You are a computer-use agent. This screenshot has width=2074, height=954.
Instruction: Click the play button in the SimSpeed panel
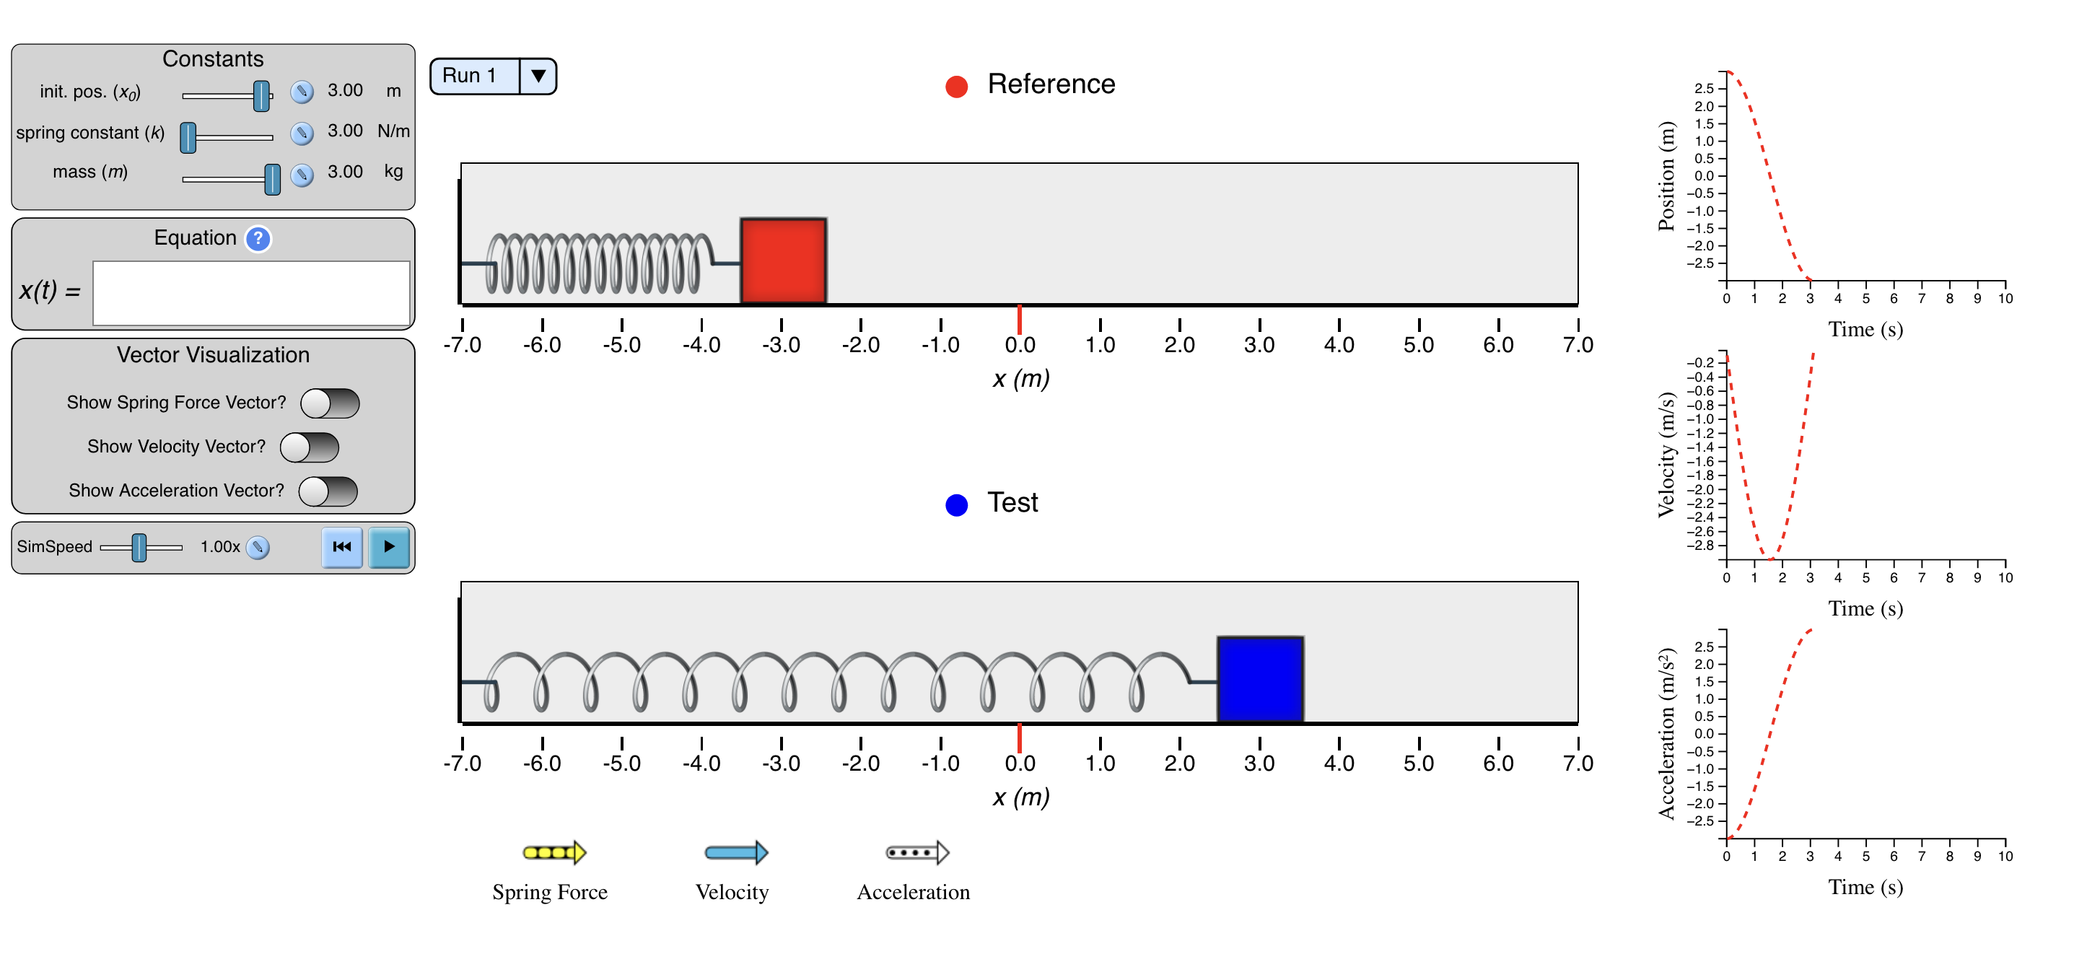click(x=389, y=548)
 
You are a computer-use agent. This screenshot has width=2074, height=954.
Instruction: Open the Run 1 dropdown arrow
click(x=538, y=76)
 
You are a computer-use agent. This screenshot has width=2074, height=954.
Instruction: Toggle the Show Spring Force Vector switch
click(x=330, y=403)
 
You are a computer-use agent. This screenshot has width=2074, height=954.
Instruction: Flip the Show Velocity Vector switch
click(x=309, y=447)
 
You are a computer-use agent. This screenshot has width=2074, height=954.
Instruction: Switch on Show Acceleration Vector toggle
click(x=328, y=491)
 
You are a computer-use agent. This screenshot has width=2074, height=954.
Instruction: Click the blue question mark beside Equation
click(x=258, y=239)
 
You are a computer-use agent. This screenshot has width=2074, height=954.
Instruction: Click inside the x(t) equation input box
click(x=251, y=293)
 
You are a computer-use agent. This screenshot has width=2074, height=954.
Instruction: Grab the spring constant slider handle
click(x=188, y=138)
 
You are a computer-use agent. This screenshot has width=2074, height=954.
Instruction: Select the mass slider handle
click(x=273, y=179)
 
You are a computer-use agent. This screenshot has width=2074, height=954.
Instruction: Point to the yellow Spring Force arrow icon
click(x=555, y=852)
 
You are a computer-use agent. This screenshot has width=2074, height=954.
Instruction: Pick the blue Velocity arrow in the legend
click(x=737, y=852)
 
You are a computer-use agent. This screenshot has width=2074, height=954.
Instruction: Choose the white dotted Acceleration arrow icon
click(x=918, y=852)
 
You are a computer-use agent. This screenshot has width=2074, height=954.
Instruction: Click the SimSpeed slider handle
click(x=139, y=548)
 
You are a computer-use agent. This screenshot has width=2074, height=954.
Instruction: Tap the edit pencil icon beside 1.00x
click(x=258, y=548)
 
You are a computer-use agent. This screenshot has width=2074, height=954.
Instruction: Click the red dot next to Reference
click(x=956, y=86)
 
